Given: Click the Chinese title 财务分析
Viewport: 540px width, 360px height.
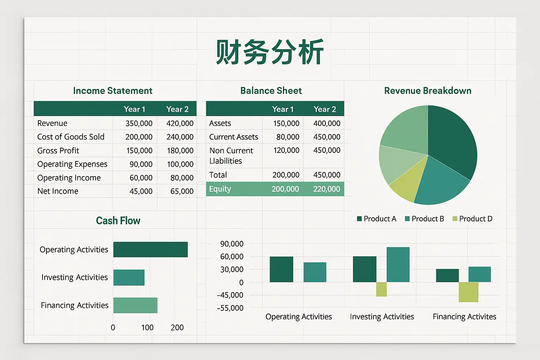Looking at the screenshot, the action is point(270,52).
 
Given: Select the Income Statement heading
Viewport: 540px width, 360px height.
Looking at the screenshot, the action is point(112,91).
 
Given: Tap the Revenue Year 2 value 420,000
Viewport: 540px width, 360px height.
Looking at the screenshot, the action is point(180,123).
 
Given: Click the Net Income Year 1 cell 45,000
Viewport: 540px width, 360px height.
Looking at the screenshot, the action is point(141,191).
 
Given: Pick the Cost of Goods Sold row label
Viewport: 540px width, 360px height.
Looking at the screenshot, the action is point(71,137).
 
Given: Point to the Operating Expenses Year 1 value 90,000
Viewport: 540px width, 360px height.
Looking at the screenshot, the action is point(141,164).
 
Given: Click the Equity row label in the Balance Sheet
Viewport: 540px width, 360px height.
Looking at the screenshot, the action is point(220,189).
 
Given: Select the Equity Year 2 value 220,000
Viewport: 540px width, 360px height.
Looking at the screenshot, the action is point(327,189).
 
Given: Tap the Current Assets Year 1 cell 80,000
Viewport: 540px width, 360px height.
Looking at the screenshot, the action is point(288,137).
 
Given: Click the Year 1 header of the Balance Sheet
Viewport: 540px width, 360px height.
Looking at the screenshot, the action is point(283,109).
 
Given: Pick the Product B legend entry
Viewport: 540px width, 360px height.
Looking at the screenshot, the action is point(425,219).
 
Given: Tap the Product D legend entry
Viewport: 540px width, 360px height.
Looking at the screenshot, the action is point(472,219).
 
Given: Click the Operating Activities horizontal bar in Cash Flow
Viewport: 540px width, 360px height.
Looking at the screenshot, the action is point(150,250).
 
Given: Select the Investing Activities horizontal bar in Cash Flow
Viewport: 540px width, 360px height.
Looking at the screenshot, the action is point(129,277).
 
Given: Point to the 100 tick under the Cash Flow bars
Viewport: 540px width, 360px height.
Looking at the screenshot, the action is point(147,327).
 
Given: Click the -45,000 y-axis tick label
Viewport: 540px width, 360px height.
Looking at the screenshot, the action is point(230,295).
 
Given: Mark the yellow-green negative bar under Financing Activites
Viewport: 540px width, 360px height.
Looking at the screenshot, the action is point(468,292).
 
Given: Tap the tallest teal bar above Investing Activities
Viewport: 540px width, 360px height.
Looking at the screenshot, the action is point(398,264).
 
